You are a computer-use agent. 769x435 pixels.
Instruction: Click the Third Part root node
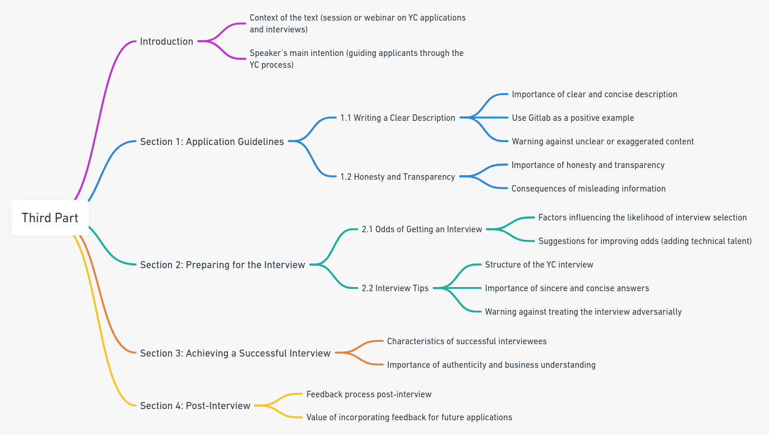[x=50, y=218]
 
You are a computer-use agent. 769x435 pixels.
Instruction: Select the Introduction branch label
[x=167, y=42]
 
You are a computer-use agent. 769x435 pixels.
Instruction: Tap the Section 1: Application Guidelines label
[x=212, y=141]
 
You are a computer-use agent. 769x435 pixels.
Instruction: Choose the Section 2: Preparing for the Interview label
[x=223, y=265]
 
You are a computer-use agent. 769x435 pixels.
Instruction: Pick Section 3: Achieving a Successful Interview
[x=235, y=353]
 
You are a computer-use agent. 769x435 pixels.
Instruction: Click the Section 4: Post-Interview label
[x=195, y=406]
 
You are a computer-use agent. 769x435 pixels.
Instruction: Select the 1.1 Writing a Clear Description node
[x=397, y=118]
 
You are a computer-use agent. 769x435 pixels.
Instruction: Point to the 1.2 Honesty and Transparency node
[x=397, y=177]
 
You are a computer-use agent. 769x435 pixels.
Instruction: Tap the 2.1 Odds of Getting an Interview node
[x=422, y=229]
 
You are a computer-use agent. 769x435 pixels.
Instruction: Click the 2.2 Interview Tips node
[x=395, y=288]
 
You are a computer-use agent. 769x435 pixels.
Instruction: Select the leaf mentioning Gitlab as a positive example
[x=573, y=118]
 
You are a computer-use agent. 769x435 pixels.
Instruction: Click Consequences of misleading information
[x=588, y=189]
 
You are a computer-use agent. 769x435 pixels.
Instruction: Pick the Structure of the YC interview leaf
[x=539, y=265]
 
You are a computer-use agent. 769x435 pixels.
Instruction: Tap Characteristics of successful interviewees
[x=467, y=341]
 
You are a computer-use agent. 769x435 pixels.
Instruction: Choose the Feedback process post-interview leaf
[x=369, y=394]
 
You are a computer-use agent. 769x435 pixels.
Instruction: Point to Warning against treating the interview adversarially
[x=584, y=312]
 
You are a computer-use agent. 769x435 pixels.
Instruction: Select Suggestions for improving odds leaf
[x=645, y=241]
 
